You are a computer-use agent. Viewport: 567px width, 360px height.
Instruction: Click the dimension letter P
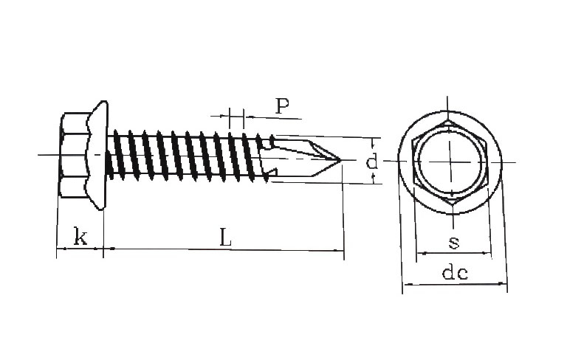(283, 105)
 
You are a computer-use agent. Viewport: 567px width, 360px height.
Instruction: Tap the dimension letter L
(226, 237)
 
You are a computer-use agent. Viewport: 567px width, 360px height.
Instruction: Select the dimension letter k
(80, 236)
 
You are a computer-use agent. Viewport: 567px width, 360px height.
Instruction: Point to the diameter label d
(372, 162)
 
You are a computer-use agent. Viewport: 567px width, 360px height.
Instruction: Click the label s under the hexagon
(454, 243)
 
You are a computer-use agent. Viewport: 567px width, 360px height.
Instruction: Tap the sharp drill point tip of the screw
(340, 159)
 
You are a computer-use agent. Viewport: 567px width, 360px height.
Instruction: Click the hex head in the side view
(75, 155)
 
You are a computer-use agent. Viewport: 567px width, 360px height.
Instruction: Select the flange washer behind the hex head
(99, 155)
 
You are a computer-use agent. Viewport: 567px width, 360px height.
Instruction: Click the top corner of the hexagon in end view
(448, 120)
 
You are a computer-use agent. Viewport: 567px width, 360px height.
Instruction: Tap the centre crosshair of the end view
(450, 162)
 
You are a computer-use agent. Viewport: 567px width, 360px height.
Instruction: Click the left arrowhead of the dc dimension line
(407, 285)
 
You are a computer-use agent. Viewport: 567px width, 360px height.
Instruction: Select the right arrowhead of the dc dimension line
(502, 284)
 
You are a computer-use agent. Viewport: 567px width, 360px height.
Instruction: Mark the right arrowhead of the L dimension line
(339, 250)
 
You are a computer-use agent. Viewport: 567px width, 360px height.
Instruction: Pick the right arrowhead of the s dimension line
(487, 253)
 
